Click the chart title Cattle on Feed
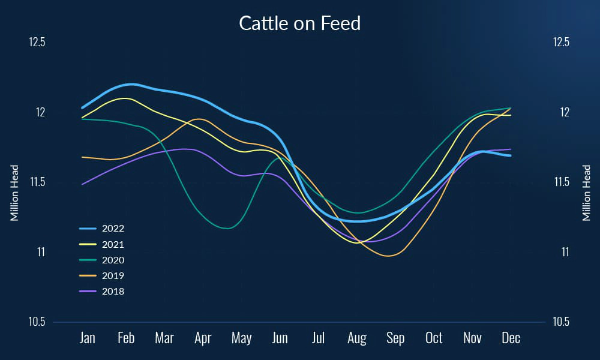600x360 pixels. [300, 23]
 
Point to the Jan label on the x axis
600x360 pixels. [88, 338]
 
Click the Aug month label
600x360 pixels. [356, 338]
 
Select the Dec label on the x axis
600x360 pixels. [511, 338]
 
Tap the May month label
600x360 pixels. [241, 338]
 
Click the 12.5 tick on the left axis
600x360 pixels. [37, 43]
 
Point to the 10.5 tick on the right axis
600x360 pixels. [562, 322]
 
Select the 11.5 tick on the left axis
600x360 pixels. [37, 182]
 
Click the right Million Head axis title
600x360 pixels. [587, 193]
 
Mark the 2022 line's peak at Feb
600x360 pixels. [131, 84]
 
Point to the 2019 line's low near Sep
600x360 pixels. [389, 256]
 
